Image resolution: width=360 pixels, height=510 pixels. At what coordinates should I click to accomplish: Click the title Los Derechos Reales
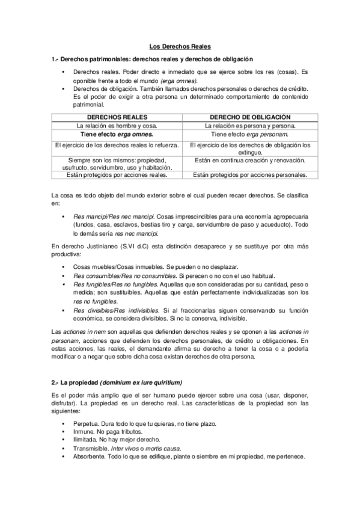click(x=180, y=46)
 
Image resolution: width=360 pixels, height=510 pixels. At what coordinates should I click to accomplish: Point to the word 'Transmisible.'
click(x=91, y=448)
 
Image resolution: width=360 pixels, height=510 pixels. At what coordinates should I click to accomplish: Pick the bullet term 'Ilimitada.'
click(x=87, y=440)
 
